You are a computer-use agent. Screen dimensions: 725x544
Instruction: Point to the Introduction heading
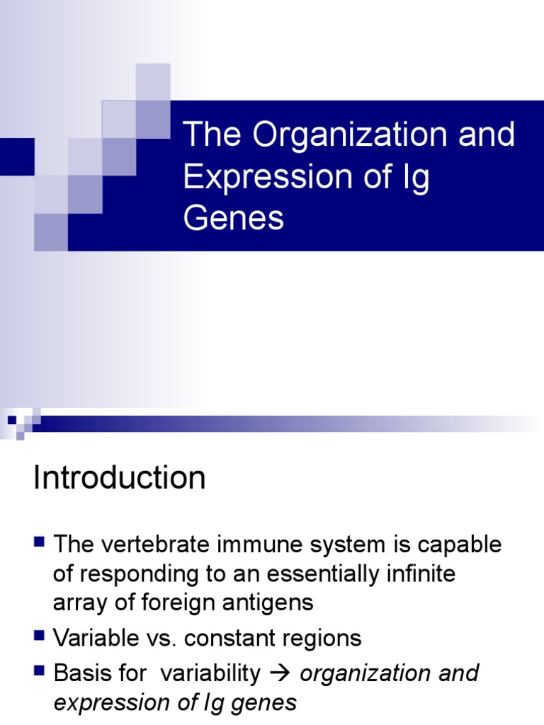pos(119,479)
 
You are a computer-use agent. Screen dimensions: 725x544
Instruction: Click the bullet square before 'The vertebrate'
pos(40,543)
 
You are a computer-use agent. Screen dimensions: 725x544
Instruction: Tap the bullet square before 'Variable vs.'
pos(40,636)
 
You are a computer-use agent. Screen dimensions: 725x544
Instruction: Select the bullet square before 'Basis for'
pos(40,671)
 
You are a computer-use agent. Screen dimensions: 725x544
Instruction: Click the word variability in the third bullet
pos(210,673)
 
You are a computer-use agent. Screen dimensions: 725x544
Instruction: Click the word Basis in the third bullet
pos(82,673)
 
